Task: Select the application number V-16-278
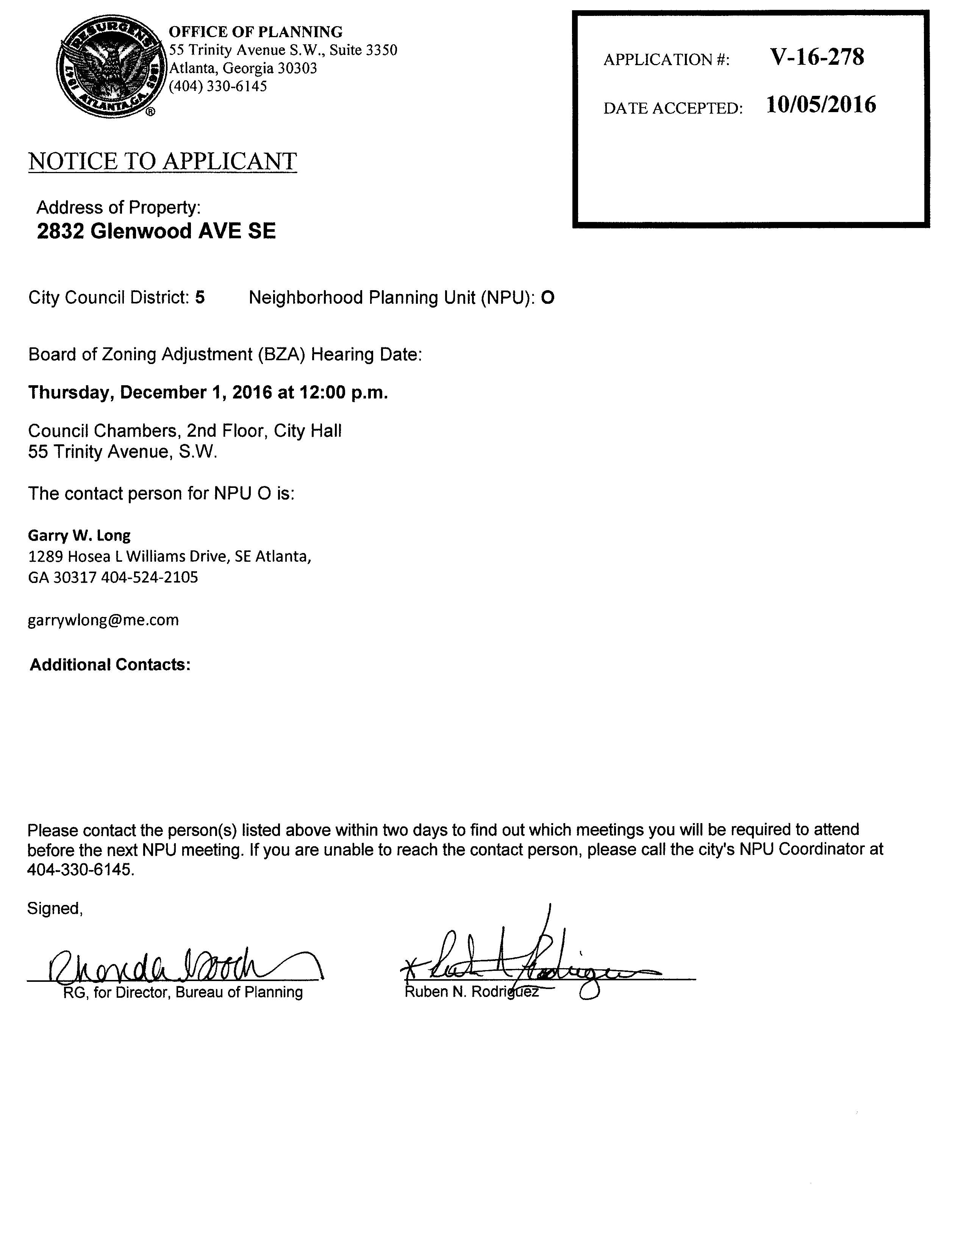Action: click(817, 57)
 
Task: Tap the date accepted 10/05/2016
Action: click(821, 105)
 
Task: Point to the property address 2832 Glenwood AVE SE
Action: click(156, 231)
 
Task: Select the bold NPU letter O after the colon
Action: click(548, 298)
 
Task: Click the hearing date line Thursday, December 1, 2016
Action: click(208, 393)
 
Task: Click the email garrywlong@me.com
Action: click(103, 620)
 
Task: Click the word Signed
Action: click(55, 909)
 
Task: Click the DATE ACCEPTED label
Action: click(672, 108)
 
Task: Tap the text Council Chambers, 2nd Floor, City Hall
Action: click(185, 431)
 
